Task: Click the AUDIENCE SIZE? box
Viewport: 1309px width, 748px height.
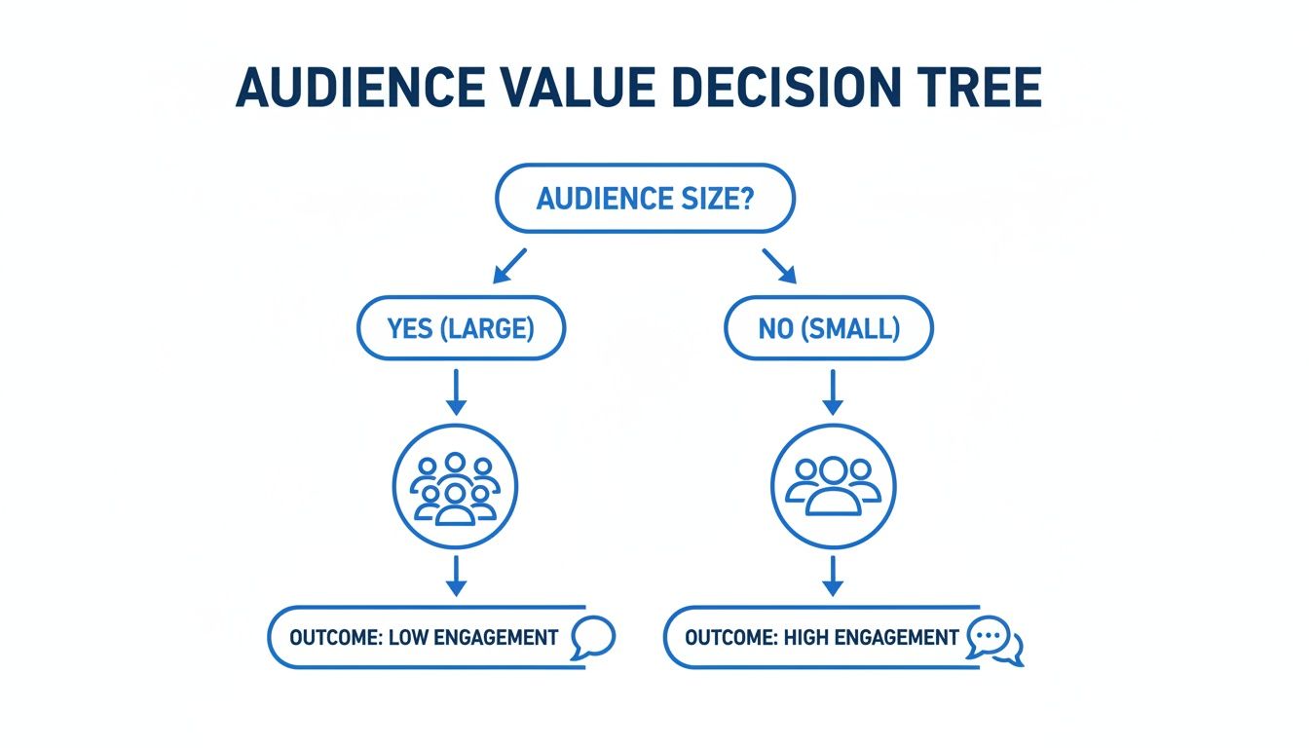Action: [x=646, y=199]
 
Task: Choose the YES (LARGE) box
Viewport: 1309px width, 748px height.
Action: [x=461, y=329]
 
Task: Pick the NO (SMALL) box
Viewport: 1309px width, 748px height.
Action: [x=829, y=329]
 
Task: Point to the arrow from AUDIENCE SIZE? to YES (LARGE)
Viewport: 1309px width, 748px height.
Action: [x=509, y=265]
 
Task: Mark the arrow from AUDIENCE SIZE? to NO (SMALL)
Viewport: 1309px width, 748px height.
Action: [x=780, y=265]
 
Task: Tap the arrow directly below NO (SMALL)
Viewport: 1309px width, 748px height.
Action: [x=832, y=392]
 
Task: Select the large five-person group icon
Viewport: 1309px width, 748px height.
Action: [x=455, y=486]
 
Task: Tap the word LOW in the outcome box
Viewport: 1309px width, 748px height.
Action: [x=410, y=638]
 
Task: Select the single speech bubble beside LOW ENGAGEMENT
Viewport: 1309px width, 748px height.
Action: [x=592, y=638]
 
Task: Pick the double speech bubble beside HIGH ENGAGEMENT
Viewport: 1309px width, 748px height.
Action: [x=993, y=641]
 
